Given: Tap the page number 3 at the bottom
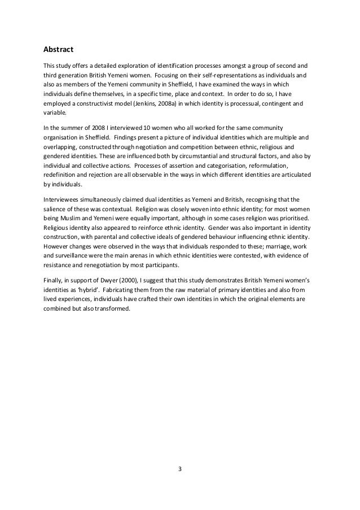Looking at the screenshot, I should click(x=179, y=468).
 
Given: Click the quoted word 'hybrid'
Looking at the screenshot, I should click(x=92, y=291).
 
